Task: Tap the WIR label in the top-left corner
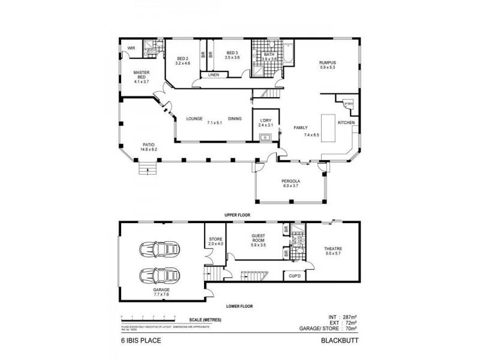pyautogui.click(x=131, y=49)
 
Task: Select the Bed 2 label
pyautogui.click(x=182, y=60)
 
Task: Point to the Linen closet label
pyautogui.click(x=214, y=75)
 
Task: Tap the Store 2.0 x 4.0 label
pyautogui.click(x=215, y=241)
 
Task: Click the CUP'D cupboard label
pyautogui.click(x=295, y=275)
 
